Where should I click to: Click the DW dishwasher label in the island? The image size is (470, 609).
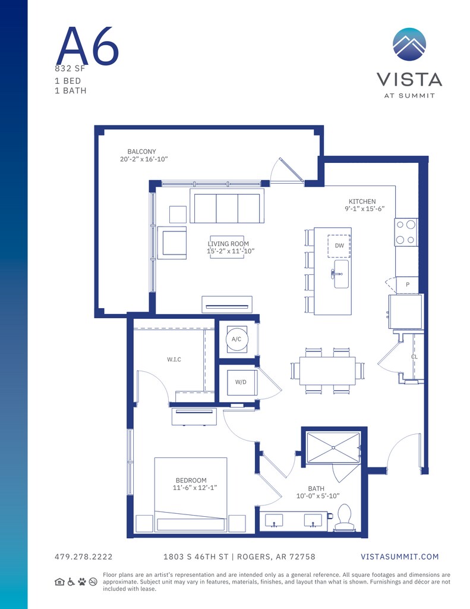click(x=339, y=246)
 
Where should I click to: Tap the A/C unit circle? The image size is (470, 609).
click(x=236, y=339)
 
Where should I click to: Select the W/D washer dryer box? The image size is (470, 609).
click(x=241, y=382)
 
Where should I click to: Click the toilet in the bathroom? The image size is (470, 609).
click(x=344, y=518)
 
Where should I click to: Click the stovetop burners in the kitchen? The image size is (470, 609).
click(x=406, y=233)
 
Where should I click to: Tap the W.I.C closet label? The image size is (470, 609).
click(x=174, y=360)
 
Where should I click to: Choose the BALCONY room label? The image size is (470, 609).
click(x=141, y=152)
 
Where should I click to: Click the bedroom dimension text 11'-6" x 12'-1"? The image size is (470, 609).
click(x=195, y=488)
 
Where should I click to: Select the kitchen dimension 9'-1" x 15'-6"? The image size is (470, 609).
click(x=364, y=209)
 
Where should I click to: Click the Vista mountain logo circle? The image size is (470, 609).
click(x=409, y=44)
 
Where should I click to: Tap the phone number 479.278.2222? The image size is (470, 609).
click(x=83, y=557)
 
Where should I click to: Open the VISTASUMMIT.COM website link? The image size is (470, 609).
click(x=400, y=557)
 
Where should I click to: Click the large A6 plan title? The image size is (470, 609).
click(x=88, y=46)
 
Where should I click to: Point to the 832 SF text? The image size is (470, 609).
click(x=70, y=69)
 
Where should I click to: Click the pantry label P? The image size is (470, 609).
click(x=408, y=285)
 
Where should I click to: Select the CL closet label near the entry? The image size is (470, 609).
click(x=414, y=357)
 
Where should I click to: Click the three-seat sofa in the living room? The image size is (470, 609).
click(x=226, y=206)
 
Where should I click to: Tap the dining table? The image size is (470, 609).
click(x=327, y=371)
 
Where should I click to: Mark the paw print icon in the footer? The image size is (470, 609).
click(x=82, y=582)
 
